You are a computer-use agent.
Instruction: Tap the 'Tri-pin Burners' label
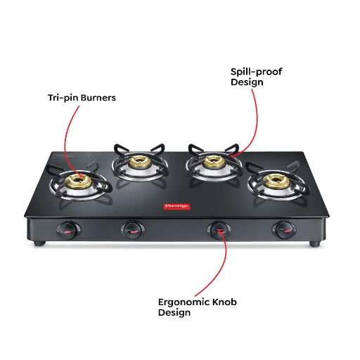(x=77, y=98)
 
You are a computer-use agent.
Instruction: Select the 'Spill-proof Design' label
(x=257, y=77)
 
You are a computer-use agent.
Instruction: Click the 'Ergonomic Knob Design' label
(x=197, y=307)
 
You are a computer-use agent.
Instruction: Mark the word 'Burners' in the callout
(x=96, y=98)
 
